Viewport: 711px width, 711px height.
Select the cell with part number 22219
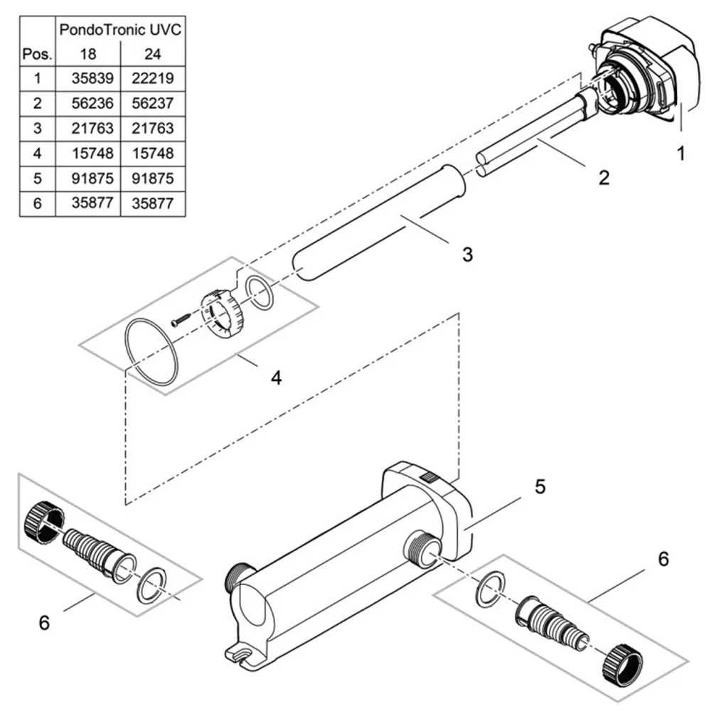tap(153, 78)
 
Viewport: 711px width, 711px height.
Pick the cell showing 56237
tap(153, 103)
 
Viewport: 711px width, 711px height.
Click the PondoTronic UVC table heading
tap(120, 31)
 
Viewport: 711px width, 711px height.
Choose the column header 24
tap(153, 54)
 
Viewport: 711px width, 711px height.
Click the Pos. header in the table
tap(37, 54)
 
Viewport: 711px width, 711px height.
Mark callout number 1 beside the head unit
tap(681, 154)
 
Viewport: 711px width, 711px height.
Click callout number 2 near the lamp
tap(604, 178)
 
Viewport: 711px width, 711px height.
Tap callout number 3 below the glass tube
tap(467, 254)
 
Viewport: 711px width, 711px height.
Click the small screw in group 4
tap(182, 320)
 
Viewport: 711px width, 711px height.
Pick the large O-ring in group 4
tap(149, 353)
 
